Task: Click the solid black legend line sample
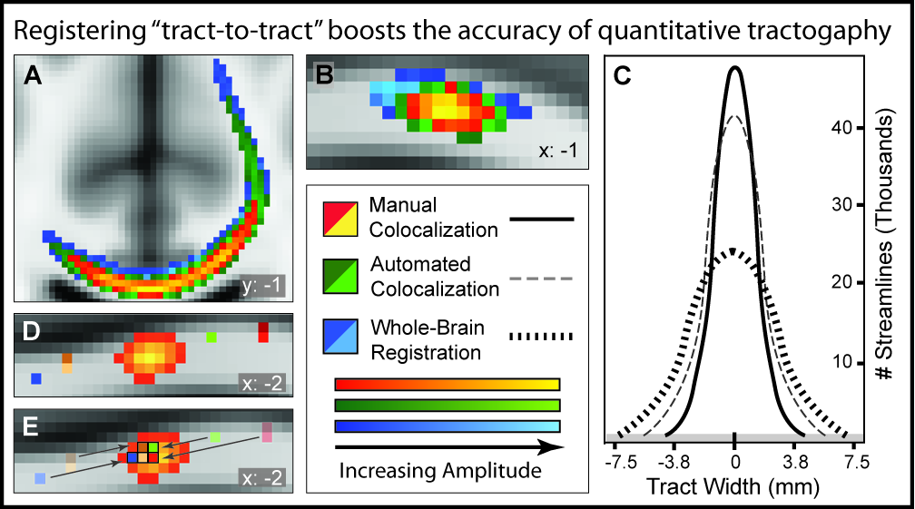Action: click(x=541, y=219)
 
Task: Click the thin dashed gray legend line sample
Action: click(x=541, y=279)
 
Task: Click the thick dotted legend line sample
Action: click(x=541, y=338)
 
